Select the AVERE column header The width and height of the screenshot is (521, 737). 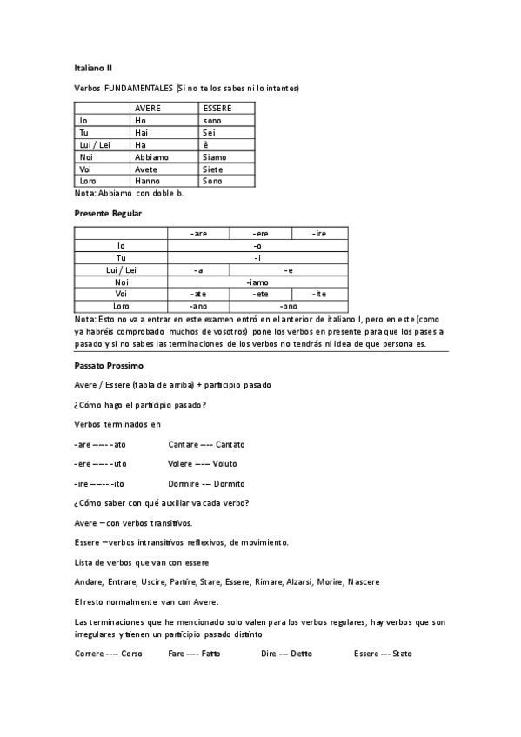pos(148,108)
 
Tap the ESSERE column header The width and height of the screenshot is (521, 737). pos(217,108)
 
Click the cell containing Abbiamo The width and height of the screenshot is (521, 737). pos(151,156)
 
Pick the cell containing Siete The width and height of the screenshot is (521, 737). pos(213,169)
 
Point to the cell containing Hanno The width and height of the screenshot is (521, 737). pos(147,181)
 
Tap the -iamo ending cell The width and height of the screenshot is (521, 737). pos(257,282)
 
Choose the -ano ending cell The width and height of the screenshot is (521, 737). pos(198,307)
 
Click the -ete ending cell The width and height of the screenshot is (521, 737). pos(259,295)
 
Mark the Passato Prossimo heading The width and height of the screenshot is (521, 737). pos(110,366)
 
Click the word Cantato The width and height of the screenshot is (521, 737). pos(230,444)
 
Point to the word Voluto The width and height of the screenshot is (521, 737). pos(224,464)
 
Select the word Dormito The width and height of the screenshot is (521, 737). pos(228,483)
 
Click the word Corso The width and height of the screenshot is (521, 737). pos(131,653)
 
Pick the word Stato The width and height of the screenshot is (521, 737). pos(402,653)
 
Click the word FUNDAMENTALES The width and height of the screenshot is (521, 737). pos(137,88)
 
